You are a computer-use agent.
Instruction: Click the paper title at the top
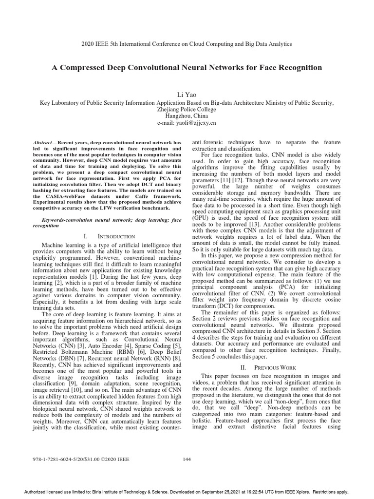click(x=187, y=68)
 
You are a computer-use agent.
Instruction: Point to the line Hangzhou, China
click(x=187, y=117)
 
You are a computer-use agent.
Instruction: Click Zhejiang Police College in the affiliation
click(x=187, y=110)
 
